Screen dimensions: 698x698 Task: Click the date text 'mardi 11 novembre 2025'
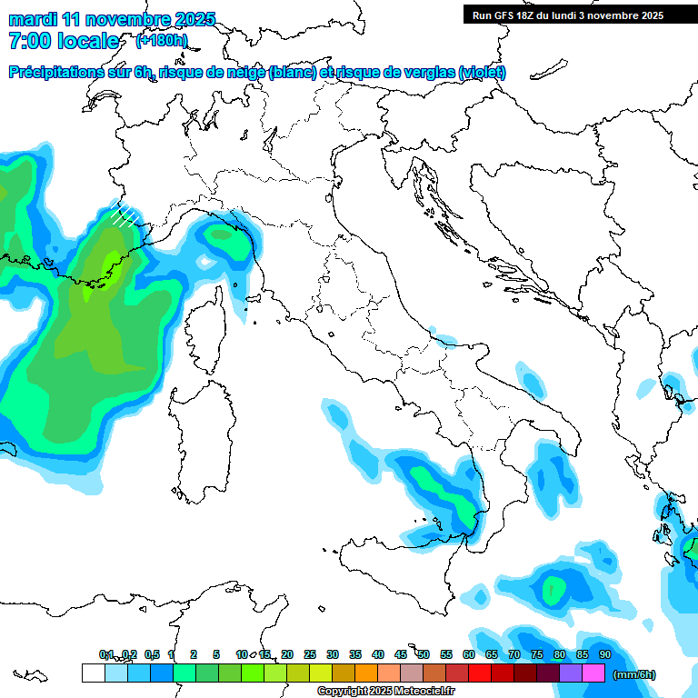112,19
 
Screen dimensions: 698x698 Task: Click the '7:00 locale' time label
64,41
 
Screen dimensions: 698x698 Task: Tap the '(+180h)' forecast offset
161,41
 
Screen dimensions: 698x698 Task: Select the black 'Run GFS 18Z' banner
568,15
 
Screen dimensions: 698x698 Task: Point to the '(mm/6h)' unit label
633,674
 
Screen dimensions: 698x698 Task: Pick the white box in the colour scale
93,673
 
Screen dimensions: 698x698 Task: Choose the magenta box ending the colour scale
593,673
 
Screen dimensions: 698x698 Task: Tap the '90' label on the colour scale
604,654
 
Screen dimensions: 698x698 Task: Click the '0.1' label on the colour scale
106,654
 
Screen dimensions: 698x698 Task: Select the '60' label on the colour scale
469,654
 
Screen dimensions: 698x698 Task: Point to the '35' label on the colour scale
355,654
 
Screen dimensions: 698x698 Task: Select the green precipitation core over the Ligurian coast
220,236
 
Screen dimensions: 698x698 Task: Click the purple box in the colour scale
571,673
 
